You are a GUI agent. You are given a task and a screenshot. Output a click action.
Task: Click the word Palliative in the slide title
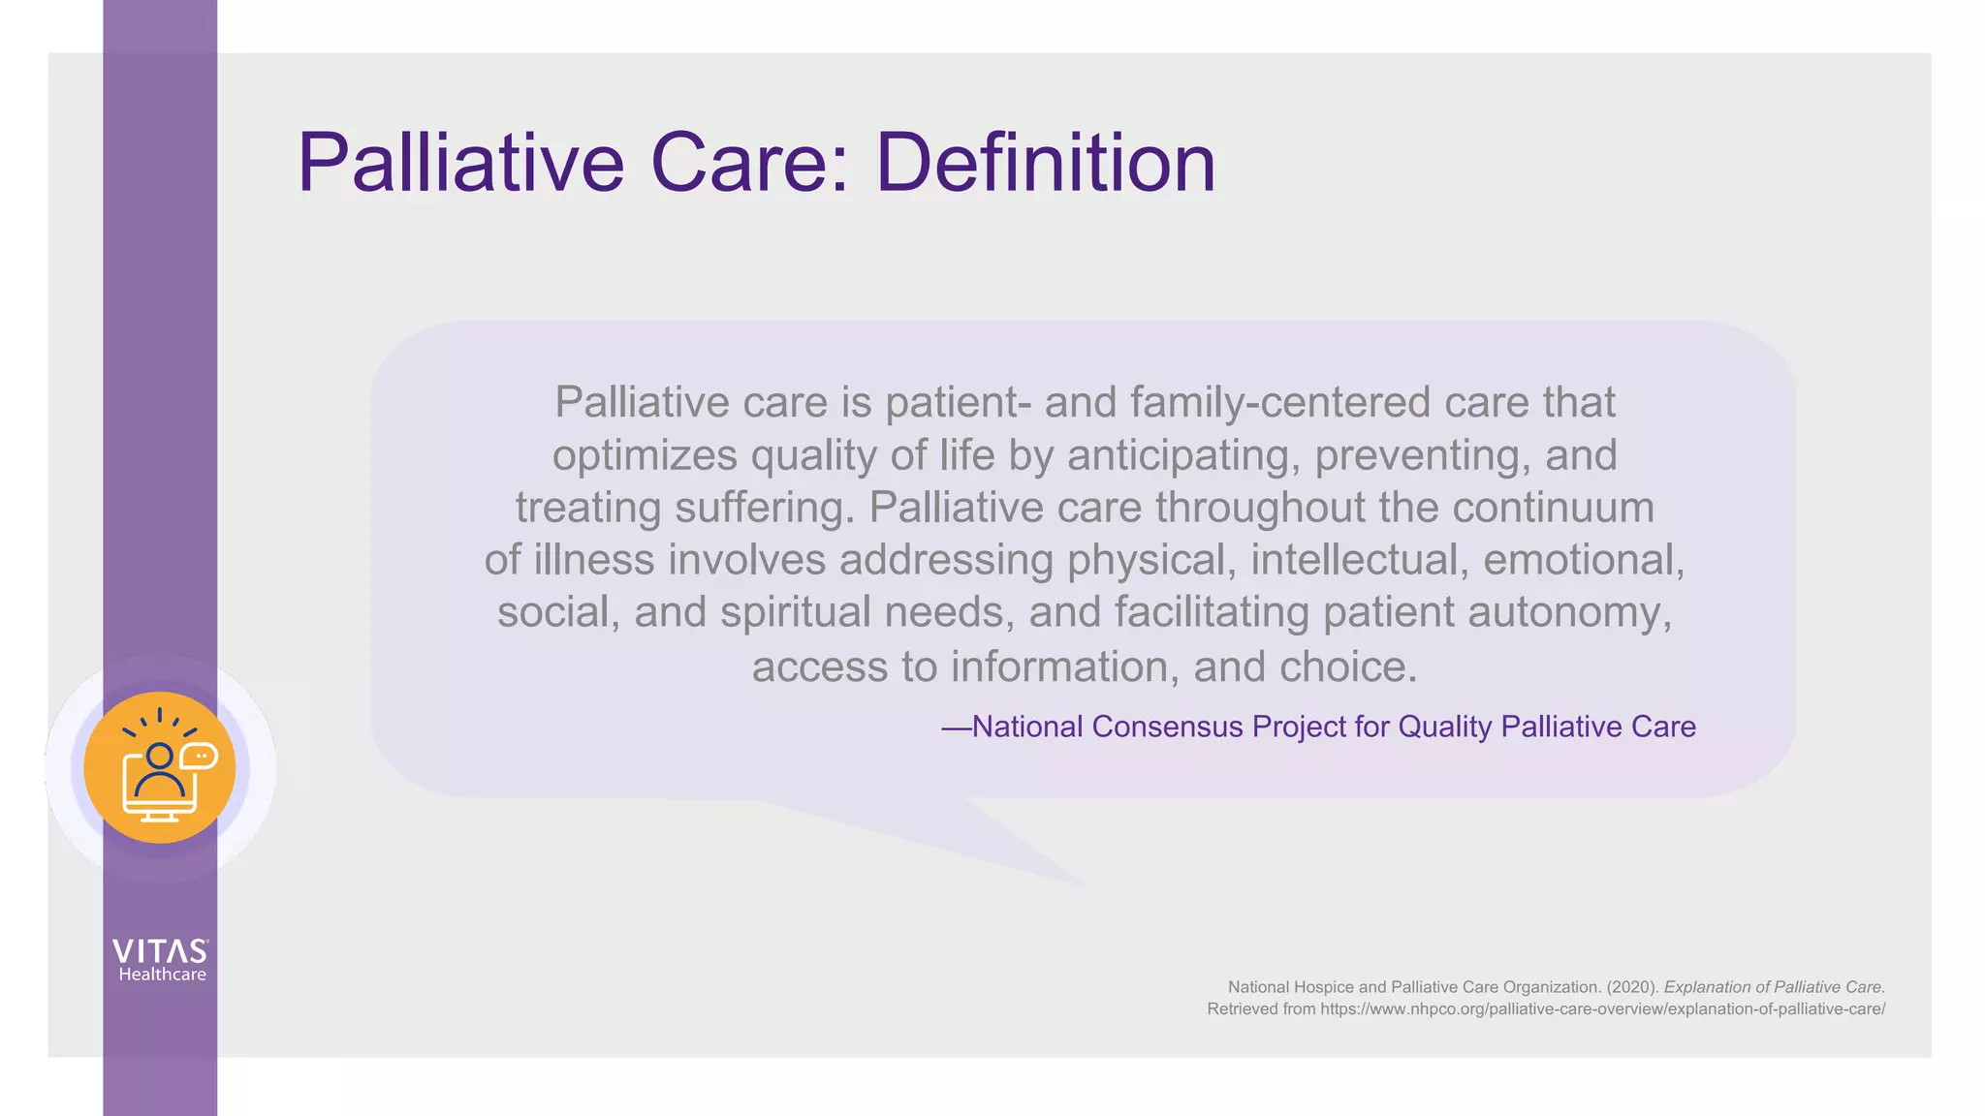click(x=460, y=163)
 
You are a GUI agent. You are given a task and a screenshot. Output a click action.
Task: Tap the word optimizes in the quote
click(x=645, y=455)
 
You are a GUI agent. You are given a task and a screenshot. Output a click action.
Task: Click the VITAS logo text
click(x=160, y=950)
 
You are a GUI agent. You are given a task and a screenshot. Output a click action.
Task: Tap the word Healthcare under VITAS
click(x=162, y=975)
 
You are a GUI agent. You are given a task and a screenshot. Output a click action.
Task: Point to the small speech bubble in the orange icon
click(x=200, y=755)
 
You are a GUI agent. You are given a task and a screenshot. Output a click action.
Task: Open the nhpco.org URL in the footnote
click(x=1602, y=1009)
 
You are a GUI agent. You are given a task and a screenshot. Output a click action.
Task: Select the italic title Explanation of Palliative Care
click(x=1774, y=987)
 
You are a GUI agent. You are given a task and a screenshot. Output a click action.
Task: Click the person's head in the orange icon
click(x=159, y=755)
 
